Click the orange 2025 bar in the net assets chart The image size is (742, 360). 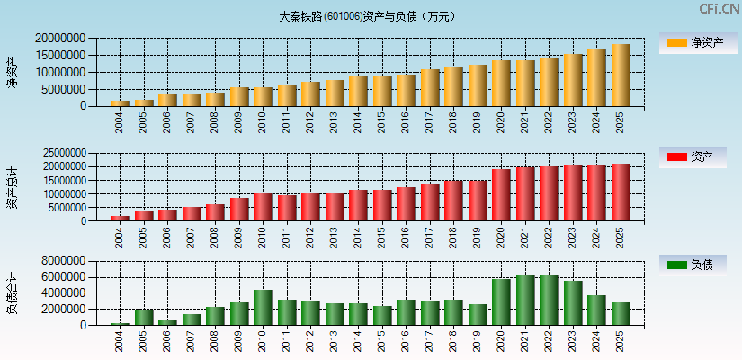point(621,75)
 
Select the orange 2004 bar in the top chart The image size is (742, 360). point(120,103)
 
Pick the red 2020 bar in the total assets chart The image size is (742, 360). point(501,194)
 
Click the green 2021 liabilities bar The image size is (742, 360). point(525,300)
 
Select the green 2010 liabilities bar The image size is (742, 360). point(263,307)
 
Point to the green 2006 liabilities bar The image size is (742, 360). point(167,322)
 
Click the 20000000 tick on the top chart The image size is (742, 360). point(62,39)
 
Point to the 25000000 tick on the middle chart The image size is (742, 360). point(62,153)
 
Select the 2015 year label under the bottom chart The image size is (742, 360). point(382,341)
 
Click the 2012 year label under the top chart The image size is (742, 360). point(310,121)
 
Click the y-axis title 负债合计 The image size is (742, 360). point(12,292)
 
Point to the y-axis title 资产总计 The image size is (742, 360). point(12,187)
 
